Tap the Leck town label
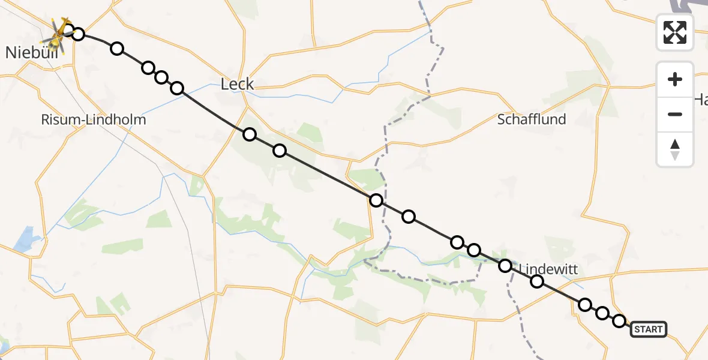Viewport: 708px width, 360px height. [238, 85]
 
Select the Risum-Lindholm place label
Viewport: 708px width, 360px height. [94, 119]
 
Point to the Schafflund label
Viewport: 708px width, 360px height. [532, 119]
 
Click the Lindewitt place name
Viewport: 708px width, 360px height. [548, 269]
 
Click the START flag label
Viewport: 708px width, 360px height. [648, 329]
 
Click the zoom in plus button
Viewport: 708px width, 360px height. [675, 79]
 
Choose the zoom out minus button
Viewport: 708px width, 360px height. [675, 114]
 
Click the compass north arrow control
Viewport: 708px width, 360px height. [675, 149]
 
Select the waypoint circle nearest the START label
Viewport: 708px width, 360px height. [619, 321]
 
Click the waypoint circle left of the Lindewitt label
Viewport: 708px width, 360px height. [505, 265]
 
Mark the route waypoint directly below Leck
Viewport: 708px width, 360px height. [250, 134]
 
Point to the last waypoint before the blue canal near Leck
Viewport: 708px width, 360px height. [177, 88]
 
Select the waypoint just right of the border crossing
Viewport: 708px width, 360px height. [409, 217]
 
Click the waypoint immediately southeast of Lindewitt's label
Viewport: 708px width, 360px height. [537, 281]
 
